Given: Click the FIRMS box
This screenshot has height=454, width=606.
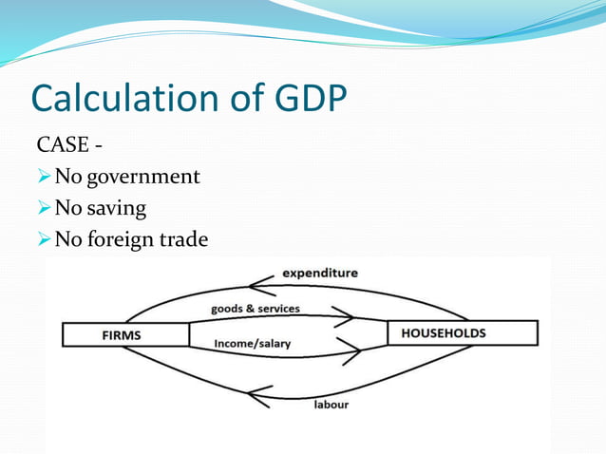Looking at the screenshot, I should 125,334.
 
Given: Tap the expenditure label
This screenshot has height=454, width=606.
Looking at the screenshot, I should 320,274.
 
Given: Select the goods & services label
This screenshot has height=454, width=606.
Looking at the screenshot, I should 255,309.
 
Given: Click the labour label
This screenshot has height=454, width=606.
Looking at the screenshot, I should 331,405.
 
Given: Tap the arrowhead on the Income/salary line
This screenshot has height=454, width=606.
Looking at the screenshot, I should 351,354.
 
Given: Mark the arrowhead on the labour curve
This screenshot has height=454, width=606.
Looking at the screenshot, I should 258,395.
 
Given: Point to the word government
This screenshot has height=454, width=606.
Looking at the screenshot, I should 142,177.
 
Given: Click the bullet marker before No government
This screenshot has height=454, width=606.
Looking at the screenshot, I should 43,177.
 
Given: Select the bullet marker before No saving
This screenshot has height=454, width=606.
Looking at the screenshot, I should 43,208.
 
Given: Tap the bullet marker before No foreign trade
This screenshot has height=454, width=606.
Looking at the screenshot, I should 43,240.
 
